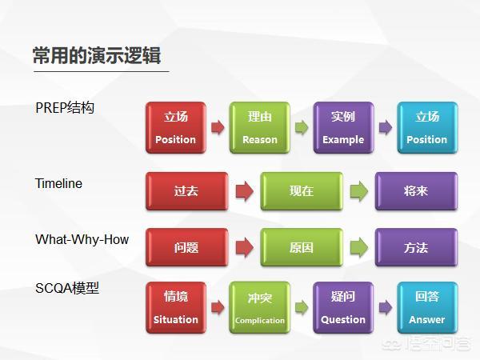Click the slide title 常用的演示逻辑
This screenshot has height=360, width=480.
click(97, 55)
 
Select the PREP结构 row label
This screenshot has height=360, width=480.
click(65, 108)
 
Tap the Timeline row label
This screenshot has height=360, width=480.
click(58, 183)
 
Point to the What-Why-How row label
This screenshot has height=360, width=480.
click(82, 239)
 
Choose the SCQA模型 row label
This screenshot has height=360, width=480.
click(67, 288)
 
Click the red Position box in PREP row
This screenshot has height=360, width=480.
click(176, 128)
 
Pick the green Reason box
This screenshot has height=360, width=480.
click(259, 128)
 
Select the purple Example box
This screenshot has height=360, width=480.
click(343, 128)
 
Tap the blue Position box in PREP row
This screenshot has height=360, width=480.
click(427, 128)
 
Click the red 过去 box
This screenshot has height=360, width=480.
click(186, 191)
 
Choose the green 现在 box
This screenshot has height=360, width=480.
click(302, 191)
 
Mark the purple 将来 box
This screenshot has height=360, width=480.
click(416, 191)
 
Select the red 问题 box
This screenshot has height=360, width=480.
click(186, 247)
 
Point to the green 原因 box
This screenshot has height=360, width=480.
click(302, 247)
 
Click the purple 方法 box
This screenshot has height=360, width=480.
click(416, 247)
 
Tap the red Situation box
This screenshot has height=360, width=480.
click(176, 308)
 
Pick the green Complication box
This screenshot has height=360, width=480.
click(259, 308)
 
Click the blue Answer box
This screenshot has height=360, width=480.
click(427, 308)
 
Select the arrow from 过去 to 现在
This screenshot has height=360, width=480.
click(245, 191)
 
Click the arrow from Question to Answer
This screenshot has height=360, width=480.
click(386, 307)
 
